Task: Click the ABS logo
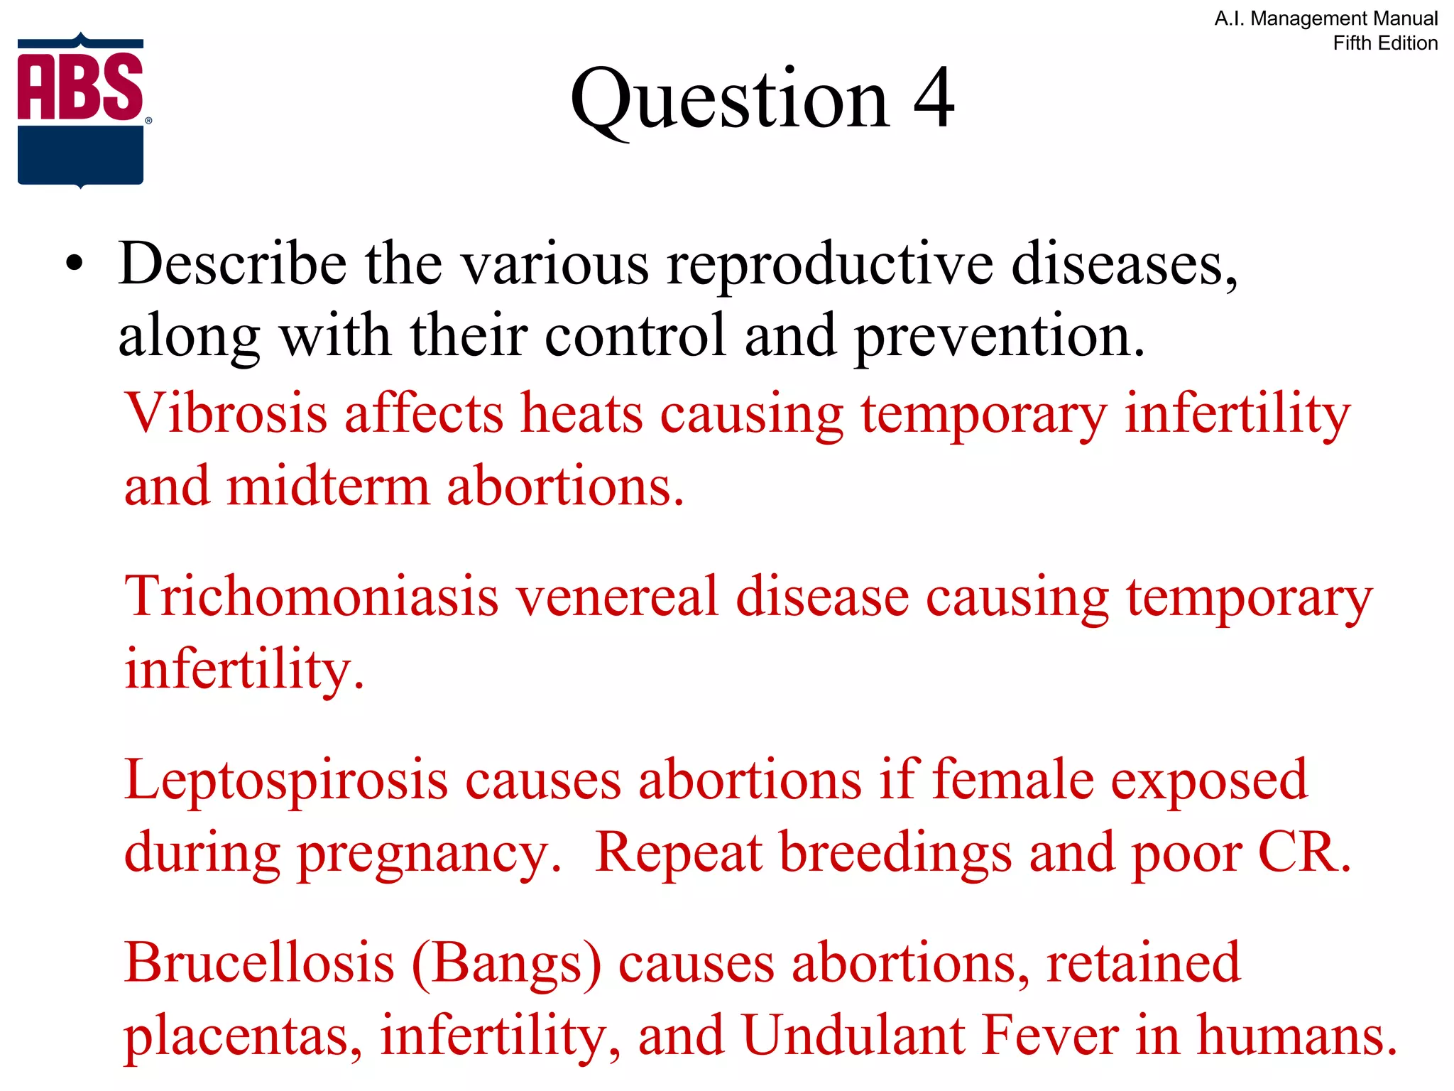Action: coord(81,110)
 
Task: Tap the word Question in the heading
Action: coord(729,99)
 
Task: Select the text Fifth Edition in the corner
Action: coord(1384,43)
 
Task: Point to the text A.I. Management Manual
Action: coord(1325,18)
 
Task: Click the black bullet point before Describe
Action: coord(75,264)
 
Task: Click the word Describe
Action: coord(232,264)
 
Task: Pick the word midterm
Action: coord(328,487)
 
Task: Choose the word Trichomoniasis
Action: coord(311,596)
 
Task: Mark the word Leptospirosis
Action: coord(285,781)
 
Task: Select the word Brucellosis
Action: coord(259,963)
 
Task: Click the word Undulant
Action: coord(854,1035)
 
